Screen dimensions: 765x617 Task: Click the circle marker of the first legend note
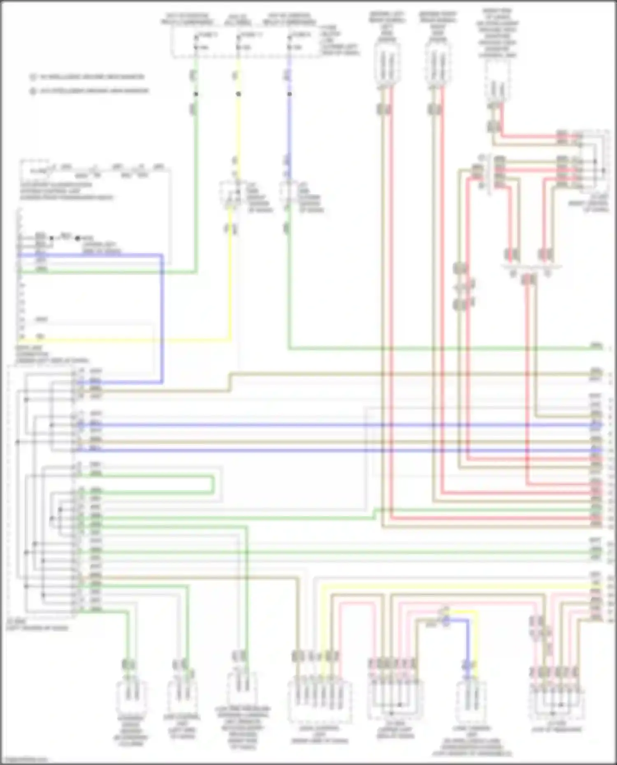pyautogui.click(x=33, y=77)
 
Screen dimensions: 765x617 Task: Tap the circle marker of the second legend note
pyautogui.click(x=33, y=91)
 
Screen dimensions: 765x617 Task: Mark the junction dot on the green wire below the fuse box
pyautogui.click(x=196, y=94)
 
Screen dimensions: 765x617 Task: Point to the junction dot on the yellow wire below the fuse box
pyautogui.click(x=239, y=94)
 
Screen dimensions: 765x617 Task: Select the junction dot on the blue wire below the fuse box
pyautogui.click(x=290, y=94)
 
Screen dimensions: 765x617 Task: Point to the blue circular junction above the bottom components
pyautogui.click(x=446, y=622)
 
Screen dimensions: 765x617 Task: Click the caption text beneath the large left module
pyautogui.click(x=37, y=625)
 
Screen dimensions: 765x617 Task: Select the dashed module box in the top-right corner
pyautogui.click(x=595, y=160)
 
